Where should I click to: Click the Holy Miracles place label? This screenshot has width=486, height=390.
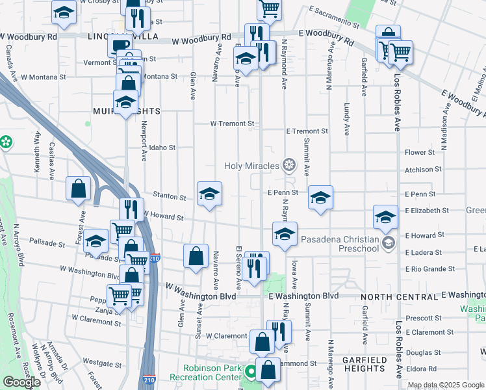(251, 166)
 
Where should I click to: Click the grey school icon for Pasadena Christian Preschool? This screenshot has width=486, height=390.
(389, 243)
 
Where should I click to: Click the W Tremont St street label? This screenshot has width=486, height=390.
(231, 123)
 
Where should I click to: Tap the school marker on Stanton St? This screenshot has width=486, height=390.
(209, 194)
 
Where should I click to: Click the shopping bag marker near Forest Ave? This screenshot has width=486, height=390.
(79, 188)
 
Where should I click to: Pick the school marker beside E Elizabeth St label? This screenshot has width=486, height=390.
(385, 217)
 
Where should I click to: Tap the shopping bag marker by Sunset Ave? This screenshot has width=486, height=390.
(196, 256)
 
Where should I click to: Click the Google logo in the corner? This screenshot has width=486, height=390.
(21, 382)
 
